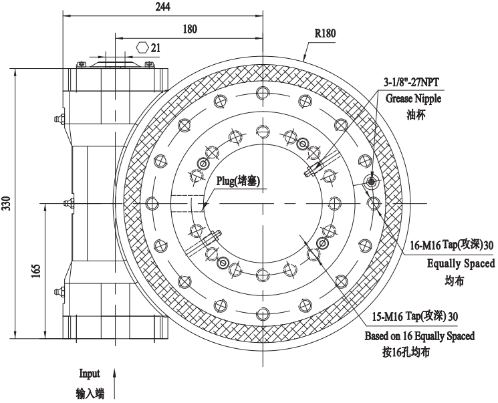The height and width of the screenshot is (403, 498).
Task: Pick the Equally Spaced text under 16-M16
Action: (x=461, y=263)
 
